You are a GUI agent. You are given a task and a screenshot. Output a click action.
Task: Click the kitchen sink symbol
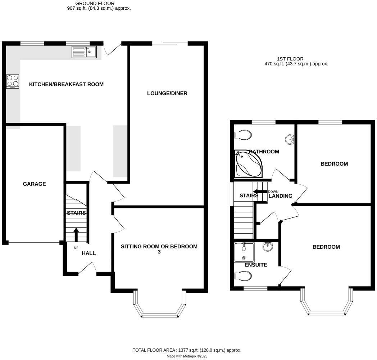[x=84, y=52]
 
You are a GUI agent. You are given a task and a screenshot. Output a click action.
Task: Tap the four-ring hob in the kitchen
[x=13, y=81]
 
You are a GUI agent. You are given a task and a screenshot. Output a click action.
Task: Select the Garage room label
[x=34, y=184]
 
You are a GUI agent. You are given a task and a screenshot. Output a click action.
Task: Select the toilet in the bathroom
[x=243, y=135]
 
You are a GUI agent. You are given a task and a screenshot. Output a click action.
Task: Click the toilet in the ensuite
[x=243, y=276]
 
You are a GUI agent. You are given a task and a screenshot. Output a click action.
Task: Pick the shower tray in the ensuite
[x=244, y=252]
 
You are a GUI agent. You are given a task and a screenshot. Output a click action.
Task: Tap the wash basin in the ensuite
[x=268, y=247]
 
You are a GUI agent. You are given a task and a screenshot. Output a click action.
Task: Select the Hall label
[x=88, y=253]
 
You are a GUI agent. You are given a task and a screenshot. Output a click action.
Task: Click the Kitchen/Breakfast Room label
[x=66, y=85]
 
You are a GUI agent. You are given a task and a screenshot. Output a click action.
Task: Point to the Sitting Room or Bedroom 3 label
[x=159, y=249]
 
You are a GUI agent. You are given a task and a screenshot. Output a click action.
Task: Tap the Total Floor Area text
[x=187, y=350]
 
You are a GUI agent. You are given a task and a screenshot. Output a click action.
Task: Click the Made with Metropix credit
[x=187, y=356]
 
